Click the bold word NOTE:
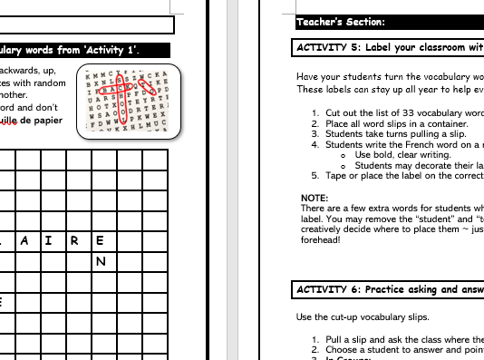pyautogui.click(x=315, y=198)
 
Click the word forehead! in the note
pyautogui.click(x=322, y=241)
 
